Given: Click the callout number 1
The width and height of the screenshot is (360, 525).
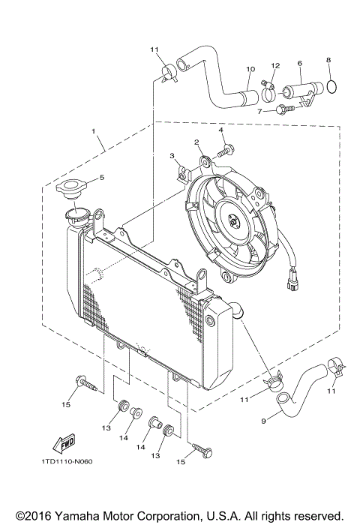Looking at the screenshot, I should pos(94,131).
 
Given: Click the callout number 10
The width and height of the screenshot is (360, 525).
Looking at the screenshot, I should pos(251,70).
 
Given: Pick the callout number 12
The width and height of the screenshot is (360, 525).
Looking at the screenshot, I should pos(275,65).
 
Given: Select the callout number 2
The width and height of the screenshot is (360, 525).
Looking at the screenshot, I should pos(196,141).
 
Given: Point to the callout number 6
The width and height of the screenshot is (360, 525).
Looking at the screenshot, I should pos(300,64).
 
